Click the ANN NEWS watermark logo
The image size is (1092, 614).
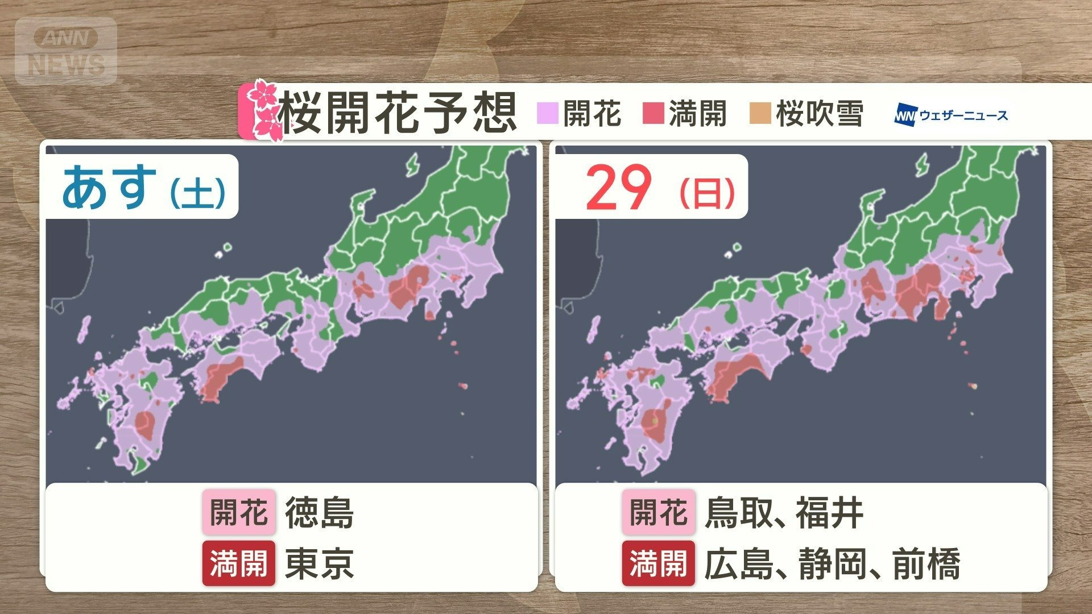pyautogui.click(x=66, y=52)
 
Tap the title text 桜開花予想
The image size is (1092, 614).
pyautogui.click(x=398, y=113)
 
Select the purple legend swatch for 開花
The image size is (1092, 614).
pyautogui.click(x=547, y=113)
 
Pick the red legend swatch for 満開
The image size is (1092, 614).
pyautogui.click(x=653, y=113)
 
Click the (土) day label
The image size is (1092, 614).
pyautogui.click(x=198, y=193)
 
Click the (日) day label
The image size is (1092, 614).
pyautogui.click(x=707, y=193)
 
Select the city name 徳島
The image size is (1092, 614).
pyautogui.click(x=320, y=513)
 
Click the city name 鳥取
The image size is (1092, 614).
pyautogui.click(x=738, y=513)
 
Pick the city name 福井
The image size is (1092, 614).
pyautogui.click(x=830, y=513)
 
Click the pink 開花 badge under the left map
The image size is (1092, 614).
pyautogui.click(x=239, y=512)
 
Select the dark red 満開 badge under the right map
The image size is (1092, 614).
pyautogui.click(x=658, y=563)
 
